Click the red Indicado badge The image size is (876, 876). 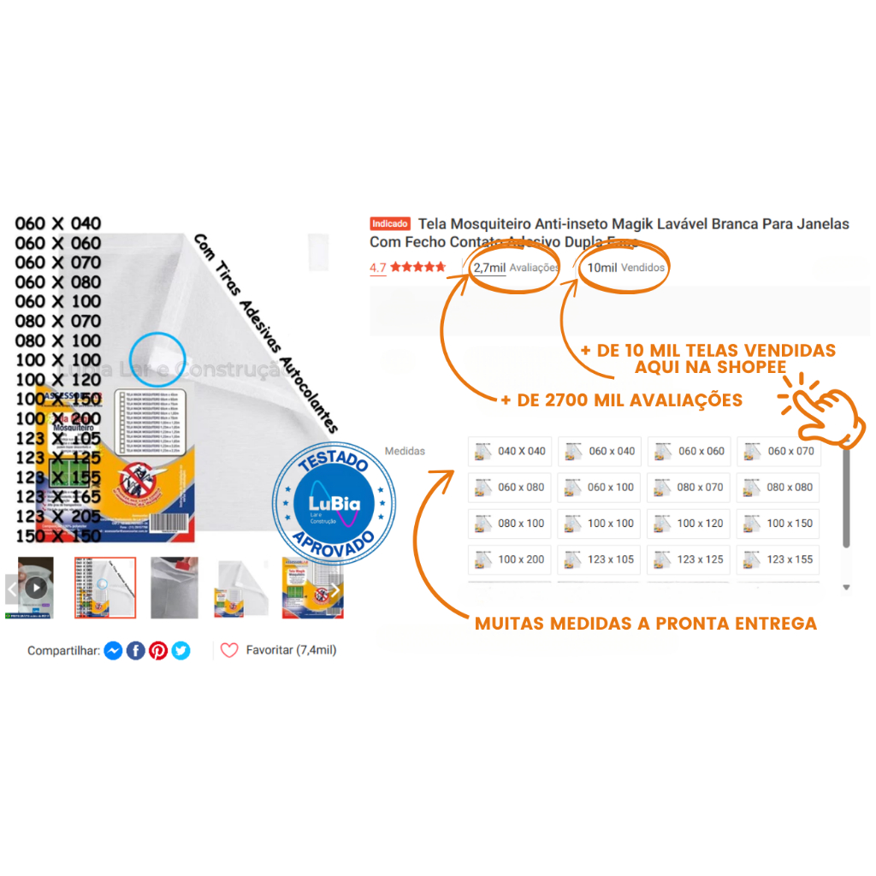click(x=390, y=224)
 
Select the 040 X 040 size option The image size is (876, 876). click(x=511, y=452)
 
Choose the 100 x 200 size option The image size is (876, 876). click(x=511, y=559)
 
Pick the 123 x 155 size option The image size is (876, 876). click(x=778, y=559)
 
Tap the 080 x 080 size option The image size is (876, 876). click(x=778, y=488)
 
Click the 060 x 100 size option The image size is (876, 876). click(x=600, y=488)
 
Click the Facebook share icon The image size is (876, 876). click(x=136, y=651)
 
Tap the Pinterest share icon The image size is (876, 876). click(x=158, y=651)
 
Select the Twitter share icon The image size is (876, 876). click(x=181, y=651)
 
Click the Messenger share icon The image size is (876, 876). click(x=113, y=651)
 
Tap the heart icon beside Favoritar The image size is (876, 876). click(x=229, y=650)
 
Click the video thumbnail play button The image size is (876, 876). click(x=35, y=588)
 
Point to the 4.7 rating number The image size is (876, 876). click(x=377, y=268)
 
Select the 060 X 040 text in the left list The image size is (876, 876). click(x=58, y=224)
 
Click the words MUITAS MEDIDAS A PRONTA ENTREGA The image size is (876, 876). click(x=645, y=624)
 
